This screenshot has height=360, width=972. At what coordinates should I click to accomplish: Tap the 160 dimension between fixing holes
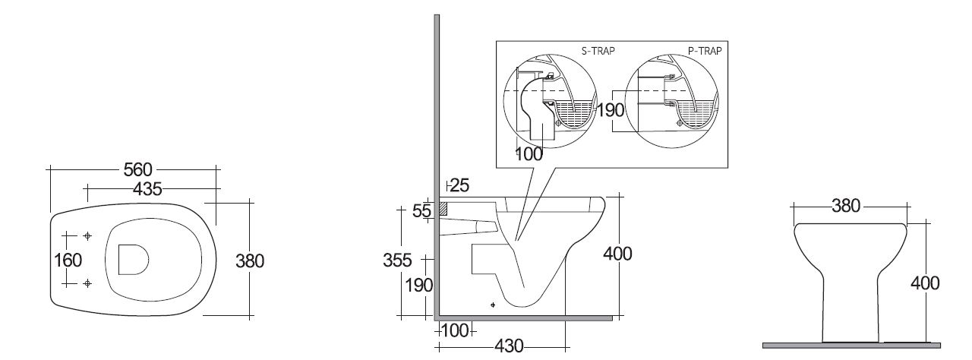(68, 260)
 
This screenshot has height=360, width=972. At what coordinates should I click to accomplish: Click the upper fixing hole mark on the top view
(88, 235)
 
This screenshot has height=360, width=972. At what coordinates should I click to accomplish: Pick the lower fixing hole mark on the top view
(88, 283)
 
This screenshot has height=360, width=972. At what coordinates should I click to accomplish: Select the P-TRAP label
(704, 51)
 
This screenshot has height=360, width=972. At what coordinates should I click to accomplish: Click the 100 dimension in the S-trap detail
(529, 153)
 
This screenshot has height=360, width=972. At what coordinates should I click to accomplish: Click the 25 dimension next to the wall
(459, 185)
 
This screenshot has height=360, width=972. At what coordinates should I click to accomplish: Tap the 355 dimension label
(397, 261)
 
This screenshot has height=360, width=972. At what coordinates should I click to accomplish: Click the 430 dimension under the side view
(508, 346)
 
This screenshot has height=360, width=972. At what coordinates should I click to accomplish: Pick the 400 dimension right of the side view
(617, 253)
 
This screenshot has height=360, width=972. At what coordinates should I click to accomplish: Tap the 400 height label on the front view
(925, 283)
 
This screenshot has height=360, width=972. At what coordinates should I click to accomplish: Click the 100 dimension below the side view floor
(453, 331)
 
